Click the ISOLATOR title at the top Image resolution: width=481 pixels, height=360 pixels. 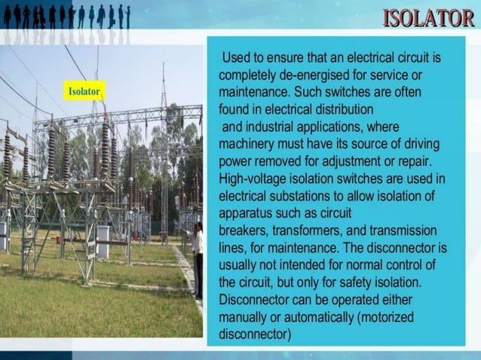coord(428,17)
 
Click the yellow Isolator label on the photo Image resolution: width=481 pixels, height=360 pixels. coord(84,91)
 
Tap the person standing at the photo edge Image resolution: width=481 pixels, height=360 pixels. coord(198,260)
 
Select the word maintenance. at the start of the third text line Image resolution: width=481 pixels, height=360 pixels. coord(255,93)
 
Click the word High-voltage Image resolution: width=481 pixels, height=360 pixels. coord(255,178)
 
